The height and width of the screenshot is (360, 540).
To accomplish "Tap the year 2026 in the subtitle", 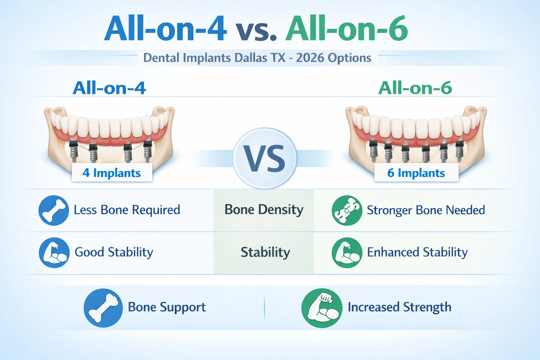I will coord(310,58).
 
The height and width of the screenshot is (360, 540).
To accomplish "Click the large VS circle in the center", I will coord(265,159).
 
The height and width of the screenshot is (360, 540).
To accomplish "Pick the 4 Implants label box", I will coord(112,173).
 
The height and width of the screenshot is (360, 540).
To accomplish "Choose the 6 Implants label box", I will coord(416,173).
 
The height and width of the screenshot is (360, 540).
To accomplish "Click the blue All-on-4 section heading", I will coord(109,88).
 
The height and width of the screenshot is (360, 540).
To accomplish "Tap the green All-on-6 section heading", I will coord(415,88).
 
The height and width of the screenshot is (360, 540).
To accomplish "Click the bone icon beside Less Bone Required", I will coord(54,210).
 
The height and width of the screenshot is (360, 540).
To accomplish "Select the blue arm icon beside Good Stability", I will coord(54,252).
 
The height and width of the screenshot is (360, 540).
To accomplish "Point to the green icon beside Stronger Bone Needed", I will coord(347,210).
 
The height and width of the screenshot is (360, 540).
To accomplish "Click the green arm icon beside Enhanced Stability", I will coord(347,252).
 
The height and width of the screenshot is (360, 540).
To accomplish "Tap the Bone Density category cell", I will coord(264,210).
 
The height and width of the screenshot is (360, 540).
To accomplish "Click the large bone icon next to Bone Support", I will coord(103,308).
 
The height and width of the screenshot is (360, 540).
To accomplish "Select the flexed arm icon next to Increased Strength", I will coord(322,308).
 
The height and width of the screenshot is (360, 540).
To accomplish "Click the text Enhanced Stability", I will coord(417,252).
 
